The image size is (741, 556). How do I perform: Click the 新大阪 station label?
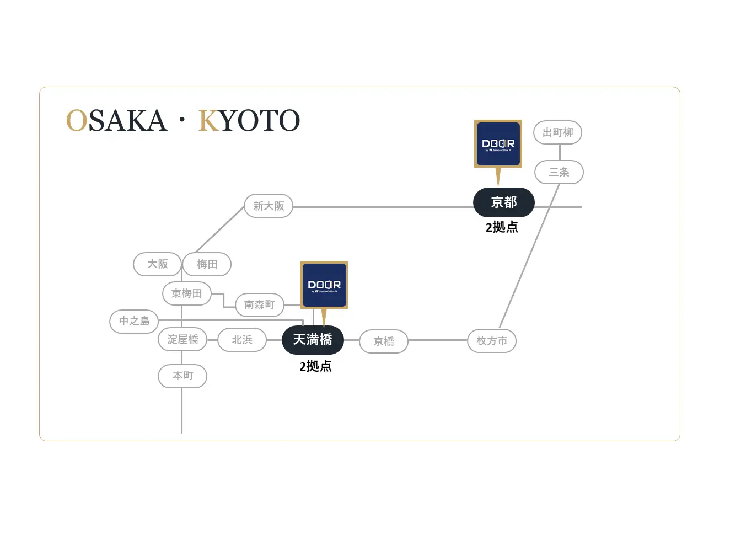click(x=269, y=206)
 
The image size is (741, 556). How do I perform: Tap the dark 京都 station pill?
click(x=504, y=202)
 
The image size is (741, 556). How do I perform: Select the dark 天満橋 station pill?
click(x=313, y=340)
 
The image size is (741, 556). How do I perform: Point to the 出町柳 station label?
click(x=558, y=132)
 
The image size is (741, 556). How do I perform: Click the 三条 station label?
click(x=559, y=172)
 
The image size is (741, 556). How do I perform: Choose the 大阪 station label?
click(x=158, y=264)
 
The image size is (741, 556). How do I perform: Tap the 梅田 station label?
click(x=207, y=264)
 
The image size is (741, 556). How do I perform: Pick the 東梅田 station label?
click(x=186, y=293)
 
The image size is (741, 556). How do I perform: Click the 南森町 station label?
click(x=259, y=304)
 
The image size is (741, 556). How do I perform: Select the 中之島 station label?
click(x=135, y=321)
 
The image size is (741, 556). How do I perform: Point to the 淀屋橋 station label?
click(x=182, y=340)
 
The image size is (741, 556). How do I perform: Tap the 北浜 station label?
click(x=242, y=340)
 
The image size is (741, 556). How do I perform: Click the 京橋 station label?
click(x=384, y=341)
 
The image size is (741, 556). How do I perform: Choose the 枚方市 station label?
click(x=492, y=341)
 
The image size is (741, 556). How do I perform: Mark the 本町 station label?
click(x=182, y=376)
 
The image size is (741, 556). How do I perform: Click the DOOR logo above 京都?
click(x=498, y=144)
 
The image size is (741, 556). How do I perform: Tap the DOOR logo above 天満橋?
click(x=324, y=285)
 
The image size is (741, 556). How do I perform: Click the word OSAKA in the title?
click(x=116, y=121)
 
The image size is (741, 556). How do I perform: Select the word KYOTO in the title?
click(x=249, y=121)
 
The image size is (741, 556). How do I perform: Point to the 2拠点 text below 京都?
click(x=502, y=227)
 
